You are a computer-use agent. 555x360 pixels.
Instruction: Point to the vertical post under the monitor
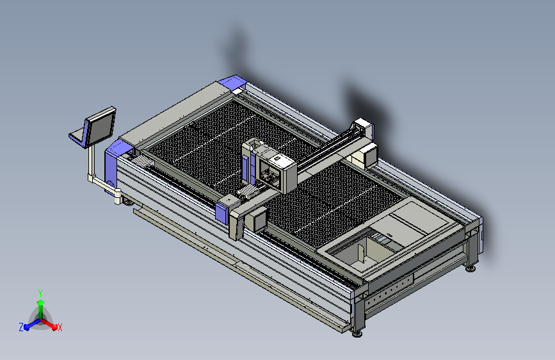[92, 162]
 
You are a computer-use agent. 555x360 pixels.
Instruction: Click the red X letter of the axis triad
[60, 328]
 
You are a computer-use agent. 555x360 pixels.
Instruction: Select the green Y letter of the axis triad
[40, 293]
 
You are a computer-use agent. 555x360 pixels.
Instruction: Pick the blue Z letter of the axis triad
[21, 327]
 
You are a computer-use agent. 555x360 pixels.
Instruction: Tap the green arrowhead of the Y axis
[41, 303]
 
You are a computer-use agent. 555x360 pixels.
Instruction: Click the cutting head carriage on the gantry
[275, 167]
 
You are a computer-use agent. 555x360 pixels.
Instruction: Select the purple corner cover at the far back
[232, 83]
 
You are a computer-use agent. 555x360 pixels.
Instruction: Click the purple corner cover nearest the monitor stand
[115, 160]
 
